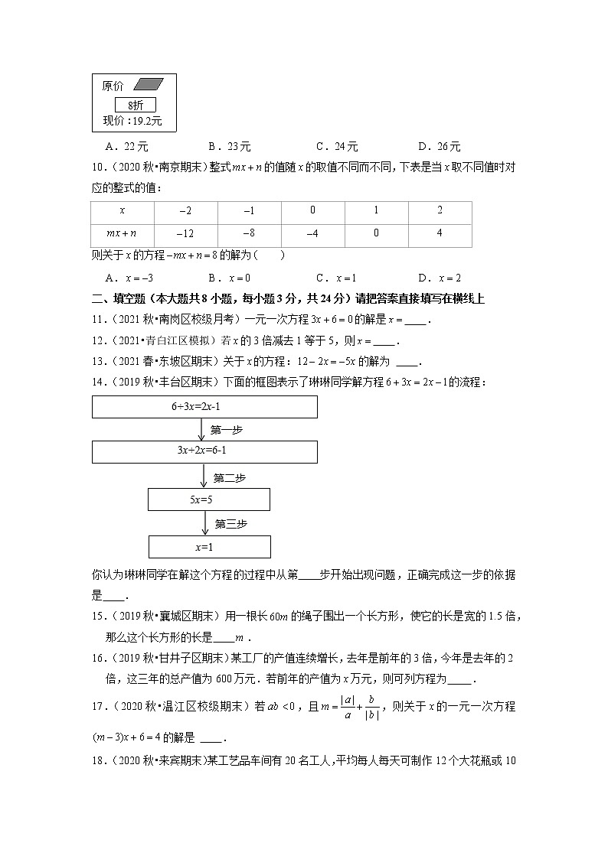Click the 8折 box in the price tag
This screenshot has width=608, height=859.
(136, 105)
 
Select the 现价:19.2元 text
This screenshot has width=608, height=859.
(132, 121)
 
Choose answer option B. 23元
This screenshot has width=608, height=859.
(230, 147)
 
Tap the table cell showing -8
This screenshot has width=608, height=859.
(249, 233)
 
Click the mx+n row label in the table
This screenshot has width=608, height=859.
(122, 233)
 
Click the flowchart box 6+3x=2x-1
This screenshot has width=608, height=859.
(204, 407)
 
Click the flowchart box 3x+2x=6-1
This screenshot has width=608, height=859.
(204, 451)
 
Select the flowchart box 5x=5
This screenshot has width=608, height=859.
(208, 499)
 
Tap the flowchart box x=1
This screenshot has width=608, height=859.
(208, 546)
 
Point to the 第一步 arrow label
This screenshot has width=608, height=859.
(227, 430)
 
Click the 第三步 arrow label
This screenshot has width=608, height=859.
(230, 524)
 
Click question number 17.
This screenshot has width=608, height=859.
(98, 707)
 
